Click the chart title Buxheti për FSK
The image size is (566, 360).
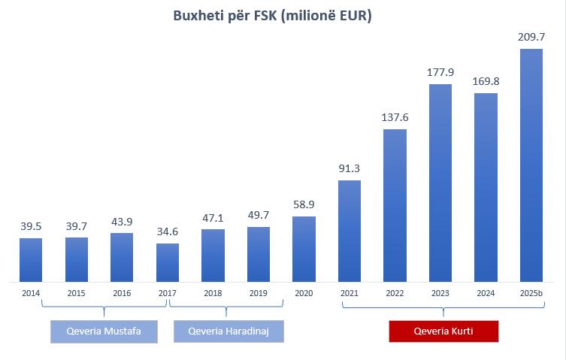[283, 16]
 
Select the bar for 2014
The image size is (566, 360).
[31, 259]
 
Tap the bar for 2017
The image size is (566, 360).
[168, 262]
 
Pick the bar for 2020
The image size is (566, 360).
[304, 249]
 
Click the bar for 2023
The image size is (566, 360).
[440, 183]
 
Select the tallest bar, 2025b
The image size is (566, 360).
[531, 165]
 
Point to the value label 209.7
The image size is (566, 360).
[531, 36]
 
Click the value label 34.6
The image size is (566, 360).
[168, 231]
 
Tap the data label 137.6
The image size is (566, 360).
[395, 116]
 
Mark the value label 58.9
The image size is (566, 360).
[304, 204]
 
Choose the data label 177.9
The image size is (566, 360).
[440, 71]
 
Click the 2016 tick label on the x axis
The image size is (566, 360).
[122, 293]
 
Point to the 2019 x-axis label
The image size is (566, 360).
[259, 293]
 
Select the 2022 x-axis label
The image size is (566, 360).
[395, 293]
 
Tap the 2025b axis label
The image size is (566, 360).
[531, 293]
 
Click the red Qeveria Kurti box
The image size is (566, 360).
[443, 331]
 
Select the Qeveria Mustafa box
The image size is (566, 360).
[104, 331]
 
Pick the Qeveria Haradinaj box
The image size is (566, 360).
[229, 331]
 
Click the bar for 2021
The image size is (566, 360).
[350, 231]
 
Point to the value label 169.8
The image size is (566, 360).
[486, 80]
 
